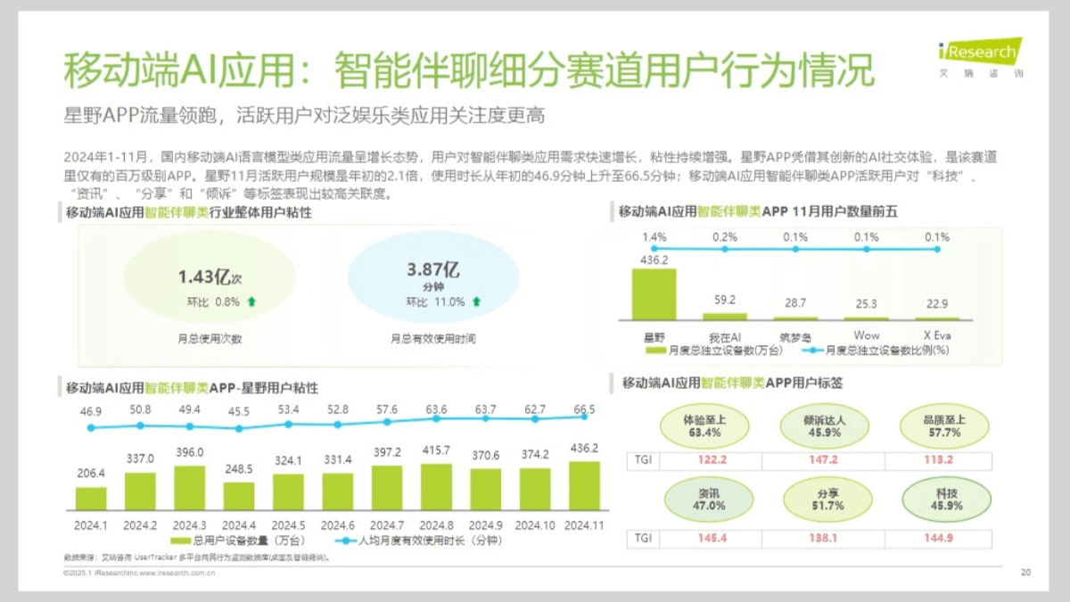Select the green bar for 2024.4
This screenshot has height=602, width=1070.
coord(238,496)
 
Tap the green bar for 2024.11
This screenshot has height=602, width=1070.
coord(584,485)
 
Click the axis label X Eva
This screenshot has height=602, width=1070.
coord(937,335)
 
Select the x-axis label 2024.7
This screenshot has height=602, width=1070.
coord(387,524)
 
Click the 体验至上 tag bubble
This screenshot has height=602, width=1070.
coord(704,425)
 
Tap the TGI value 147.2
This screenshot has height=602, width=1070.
coord(824,460)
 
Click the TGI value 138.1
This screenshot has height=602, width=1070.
coord(824,538)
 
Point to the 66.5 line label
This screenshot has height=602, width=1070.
coord(585,409)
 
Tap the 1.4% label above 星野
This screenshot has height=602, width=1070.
coord(654,236)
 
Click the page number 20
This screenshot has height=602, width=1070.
coord(1025,573)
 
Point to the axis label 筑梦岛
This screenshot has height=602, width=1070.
coord(794,335)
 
